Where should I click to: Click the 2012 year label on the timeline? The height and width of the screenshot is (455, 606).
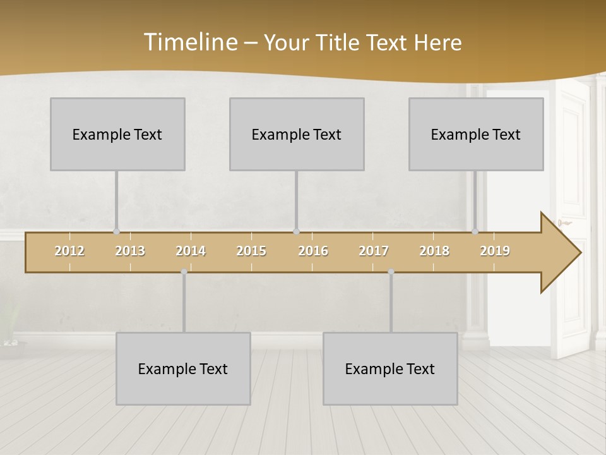tap(69, 252)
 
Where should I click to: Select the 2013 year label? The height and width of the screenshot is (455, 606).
tap(130, 252)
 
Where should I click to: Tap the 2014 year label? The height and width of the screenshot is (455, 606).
tap(191, 252)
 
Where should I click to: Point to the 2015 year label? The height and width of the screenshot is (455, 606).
tap(251, 252)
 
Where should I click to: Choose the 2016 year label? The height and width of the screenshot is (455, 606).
tap(313, 252)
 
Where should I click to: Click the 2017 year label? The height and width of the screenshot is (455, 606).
tap(374, 252)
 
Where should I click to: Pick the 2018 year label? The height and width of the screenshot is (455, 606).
tap(434, 252)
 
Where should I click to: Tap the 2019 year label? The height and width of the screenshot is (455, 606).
tap(495, 252)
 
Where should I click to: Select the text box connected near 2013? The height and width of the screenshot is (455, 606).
tap(117, 134)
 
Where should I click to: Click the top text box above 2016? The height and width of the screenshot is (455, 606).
tap(297, 134)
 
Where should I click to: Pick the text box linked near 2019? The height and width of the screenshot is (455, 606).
tap(476, 134)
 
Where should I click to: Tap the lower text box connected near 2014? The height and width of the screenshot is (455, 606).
tap(183, 368)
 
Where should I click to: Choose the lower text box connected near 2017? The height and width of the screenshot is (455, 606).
tap(390, 368)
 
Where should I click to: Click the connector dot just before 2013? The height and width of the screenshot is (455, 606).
tap(116, 231)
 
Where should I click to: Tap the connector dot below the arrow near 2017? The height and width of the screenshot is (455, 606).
tap(391, 272)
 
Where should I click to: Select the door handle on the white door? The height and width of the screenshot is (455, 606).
tap(564, 222)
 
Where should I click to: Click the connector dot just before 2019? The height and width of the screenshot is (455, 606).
tap(475, 231)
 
